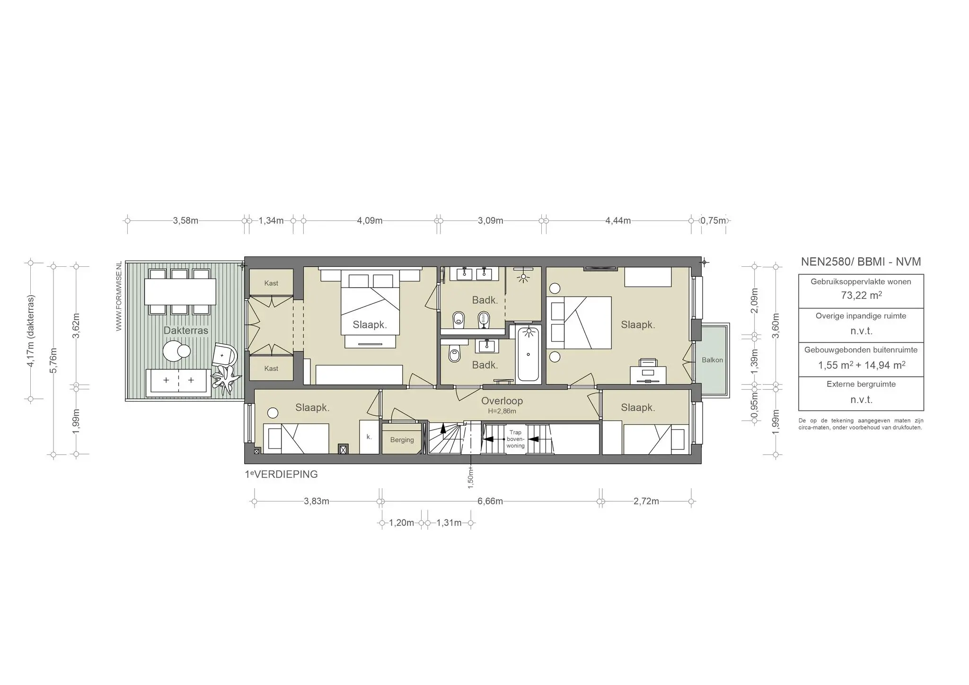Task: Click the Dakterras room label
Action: [x=185, y=330]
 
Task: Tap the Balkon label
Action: [x=712, y=360]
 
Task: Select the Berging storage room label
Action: [x=402, y=440]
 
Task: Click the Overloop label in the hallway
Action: [x=502, y=401]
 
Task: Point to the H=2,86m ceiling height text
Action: [x=502, y=411]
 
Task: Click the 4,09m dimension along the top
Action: [x=370, y=220]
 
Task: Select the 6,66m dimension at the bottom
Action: [x=490, y=501]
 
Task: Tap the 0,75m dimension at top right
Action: [x=713, y=220]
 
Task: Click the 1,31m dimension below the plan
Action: [x=449, y=523]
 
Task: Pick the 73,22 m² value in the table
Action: [x=861, y=296]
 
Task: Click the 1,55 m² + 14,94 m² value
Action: [x=861, y=365]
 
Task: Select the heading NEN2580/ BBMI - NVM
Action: [x=861, y=262]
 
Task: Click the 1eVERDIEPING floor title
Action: [x=281, y=474]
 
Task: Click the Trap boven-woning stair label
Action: [x=515, y=439]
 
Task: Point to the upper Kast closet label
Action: [x=271, y=283]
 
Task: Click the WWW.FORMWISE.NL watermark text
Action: [x=119, y=296]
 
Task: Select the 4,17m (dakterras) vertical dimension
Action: [x=31, y=331]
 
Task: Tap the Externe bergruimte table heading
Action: [x=861, y=384]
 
